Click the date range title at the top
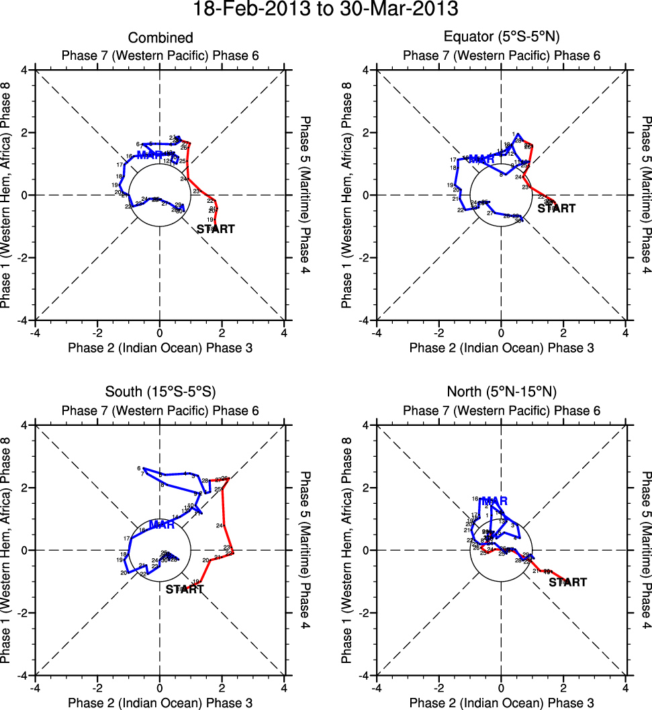pos(326,10)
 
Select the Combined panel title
pos(160,38)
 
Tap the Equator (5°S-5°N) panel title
pos(501,38)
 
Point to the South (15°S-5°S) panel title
pos(160,392)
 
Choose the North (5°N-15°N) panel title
pos(501,392)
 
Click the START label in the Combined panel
pos(216,229)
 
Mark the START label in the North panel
pos(567,582)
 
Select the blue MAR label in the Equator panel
pos(481,159)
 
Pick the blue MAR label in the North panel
pos(494,501)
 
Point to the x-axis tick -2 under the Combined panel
pos(97,332)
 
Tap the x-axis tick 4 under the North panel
pos(625,687)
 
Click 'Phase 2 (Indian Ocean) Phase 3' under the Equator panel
pos(501,347)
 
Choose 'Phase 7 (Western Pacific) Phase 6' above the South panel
pos(160,410)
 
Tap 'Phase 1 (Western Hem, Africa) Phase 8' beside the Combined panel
pos(8,195)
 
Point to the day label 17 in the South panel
pos(126,538)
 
